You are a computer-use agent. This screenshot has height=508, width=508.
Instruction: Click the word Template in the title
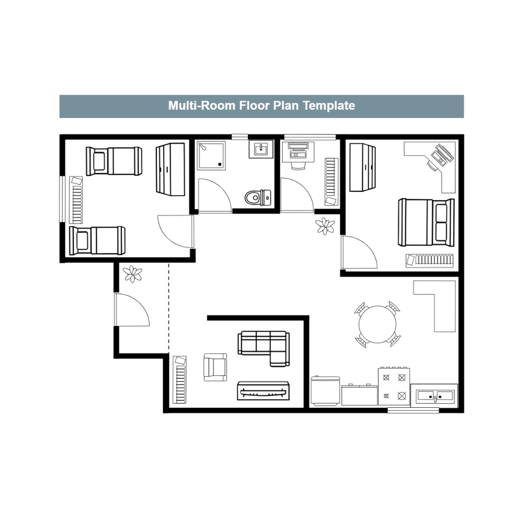(x=329, y=106)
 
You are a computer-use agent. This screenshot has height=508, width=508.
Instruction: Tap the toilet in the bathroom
(x=258, y=198)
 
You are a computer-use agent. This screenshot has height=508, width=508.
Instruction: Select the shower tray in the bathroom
(x=211, y=156)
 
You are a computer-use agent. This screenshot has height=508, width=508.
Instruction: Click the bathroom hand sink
(x=261, y=150)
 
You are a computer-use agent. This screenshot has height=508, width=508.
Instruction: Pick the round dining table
(x=377, y=324)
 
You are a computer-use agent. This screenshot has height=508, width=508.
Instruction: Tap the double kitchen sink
(x=435, y=396)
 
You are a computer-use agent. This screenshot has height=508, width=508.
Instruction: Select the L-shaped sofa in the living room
(x=264, y=348)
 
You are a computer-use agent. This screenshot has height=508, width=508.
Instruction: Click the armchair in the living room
(x=215, y=367)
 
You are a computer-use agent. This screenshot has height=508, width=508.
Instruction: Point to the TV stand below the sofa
(x=263, y=391)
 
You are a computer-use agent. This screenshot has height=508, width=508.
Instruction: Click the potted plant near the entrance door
(x=133, y=274)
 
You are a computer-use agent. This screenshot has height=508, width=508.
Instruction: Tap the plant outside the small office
(x=325, y=226)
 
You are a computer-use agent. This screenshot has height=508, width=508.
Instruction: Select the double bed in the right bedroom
(x=426, y=222)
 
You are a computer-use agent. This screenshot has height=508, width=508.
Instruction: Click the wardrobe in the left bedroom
(x=170, y=169)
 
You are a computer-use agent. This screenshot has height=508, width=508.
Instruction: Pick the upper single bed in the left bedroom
(x=114, y=161)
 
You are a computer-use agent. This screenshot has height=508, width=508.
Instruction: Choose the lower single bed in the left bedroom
(x=97, y=240)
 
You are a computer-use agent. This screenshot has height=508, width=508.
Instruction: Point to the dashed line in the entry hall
(x=168, y=308)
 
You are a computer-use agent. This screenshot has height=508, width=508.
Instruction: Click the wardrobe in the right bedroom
(x=363, y=167)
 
